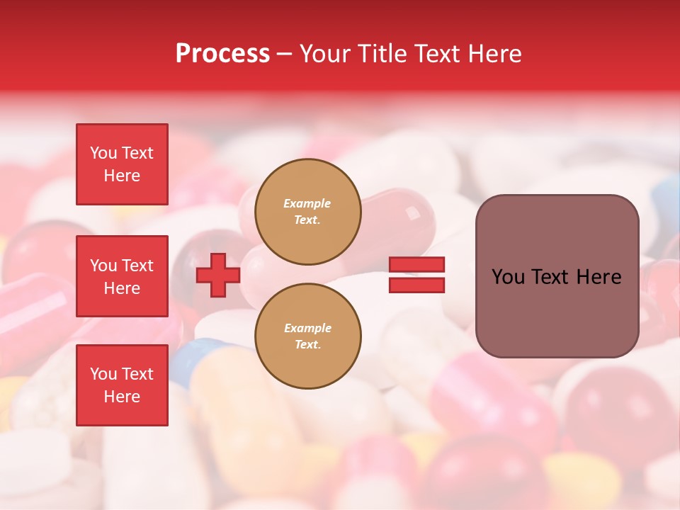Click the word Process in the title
222,54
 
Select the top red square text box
122,164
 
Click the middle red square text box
122,276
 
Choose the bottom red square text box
122,385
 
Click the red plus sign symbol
218,275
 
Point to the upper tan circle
307,212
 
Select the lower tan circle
307,336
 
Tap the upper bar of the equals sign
416,265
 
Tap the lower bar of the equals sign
416,285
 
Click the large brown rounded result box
557,276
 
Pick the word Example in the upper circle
307,203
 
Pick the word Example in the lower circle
307,328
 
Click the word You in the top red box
103,153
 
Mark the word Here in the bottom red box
122,397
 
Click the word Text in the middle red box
137,266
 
